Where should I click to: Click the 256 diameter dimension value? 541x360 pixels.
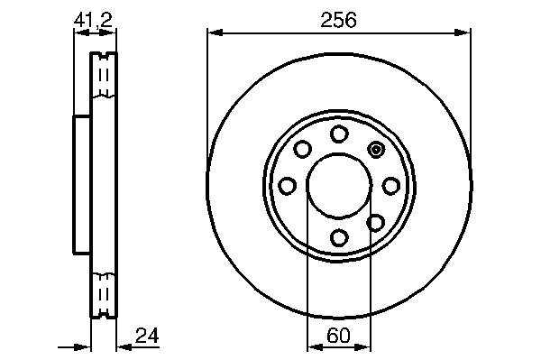click(338, 20)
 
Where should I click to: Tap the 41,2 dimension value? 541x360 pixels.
click(93, 20)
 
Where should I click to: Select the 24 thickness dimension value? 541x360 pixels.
click(147, 336)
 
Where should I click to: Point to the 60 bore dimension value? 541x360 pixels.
click(338, 336)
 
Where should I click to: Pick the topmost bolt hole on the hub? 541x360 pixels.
click(339, 134)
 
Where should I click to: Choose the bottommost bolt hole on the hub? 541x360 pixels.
click(339, 237)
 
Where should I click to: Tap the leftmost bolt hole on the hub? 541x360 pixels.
click(287, 186)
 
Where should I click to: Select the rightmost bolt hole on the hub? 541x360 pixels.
click(391, 186)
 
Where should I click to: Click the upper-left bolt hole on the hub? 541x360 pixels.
click(303, 149)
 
